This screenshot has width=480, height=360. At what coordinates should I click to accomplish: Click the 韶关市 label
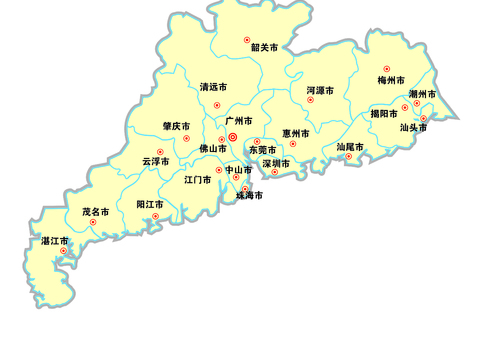(x=264, y=47)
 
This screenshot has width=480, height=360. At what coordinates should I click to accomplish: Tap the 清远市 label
(x=213, y=87)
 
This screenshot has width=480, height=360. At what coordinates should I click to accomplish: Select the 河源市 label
(x=320, y=90)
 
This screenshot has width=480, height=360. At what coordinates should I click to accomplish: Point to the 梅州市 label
(x=391, y=80)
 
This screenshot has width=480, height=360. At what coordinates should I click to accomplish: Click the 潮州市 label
(x=422, y=94)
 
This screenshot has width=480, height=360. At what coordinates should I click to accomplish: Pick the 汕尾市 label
(x=350, y=147)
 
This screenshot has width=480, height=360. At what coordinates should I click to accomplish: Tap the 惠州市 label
(x=295, y=133)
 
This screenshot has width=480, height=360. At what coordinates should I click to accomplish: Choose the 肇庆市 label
(x=176, y=127)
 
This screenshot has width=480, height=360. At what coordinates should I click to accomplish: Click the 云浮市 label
(x=155, y=161)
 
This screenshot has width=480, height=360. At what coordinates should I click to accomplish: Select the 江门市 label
(x=197, y=180)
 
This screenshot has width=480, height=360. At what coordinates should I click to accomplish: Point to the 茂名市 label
(x=96, y=212)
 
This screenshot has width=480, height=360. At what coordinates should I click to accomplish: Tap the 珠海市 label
(x=249, y=196)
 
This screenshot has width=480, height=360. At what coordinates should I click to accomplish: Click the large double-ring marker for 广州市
(x=233, y=138)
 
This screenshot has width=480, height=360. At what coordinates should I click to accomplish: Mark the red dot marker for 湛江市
(x=63, y=251)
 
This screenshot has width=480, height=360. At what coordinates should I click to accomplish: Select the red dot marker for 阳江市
(x=155, y=216)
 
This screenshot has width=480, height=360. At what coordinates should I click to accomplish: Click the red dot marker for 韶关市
(x=247, y=40)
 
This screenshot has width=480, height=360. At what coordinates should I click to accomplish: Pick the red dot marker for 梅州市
(x=387, y=69)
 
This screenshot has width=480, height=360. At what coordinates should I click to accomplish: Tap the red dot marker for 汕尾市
(x=349, y=156)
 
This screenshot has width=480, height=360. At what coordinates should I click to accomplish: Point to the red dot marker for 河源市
(x=311, y=100)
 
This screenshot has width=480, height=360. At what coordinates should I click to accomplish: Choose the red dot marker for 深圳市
(x=275, y=172)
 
